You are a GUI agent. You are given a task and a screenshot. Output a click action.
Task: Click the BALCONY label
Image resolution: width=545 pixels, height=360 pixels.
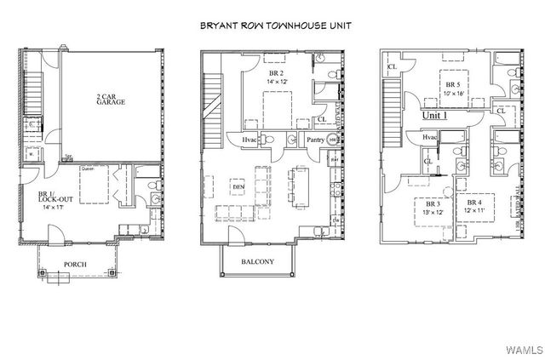(256, 262)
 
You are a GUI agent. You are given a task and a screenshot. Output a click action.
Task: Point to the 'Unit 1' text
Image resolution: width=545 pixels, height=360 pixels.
(440, 114)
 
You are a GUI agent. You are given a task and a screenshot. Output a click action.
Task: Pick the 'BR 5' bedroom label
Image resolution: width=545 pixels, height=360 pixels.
(453, 85)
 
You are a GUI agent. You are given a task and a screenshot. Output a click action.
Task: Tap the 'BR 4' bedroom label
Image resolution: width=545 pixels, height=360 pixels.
(473, 203)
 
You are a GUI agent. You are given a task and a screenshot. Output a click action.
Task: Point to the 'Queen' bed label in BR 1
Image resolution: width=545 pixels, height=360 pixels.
(86, 169)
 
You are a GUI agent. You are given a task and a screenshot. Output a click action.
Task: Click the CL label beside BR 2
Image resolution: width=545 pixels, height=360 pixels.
(320, 120)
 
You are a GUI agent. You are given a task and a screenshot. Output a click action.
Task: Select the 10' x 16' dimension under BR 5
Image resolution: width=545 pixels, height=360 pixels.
(453, 94)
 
